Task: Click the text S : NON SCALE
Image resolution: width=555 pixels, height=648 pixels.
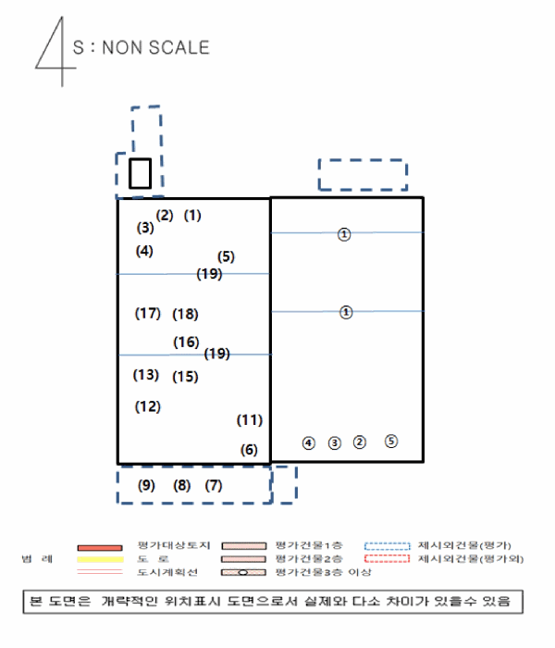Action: (141, 46)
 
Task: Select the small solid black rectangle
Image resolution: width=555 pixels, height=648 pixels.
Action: (140, 173)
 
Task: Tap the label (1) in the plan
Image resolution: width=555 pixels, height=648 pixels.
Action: (192, 216)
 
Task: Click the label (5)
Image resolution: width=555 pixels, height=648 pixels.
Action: (227, 256)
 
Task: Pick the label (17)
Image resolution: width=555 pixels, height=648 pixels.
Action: (148, 313)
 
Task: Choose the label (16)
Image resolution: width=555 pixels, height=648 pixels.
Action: (186, 342)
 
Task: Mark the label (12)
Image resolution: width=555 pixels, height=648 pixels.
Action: (148, 405)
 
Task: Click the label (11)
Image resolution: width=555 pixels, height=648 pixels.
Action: (250, 419)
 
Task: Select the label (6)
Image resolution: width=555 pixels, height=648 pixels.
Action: (249, 450)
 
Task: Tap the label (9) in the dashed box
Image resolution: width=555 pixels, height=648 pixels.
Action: (146, 485)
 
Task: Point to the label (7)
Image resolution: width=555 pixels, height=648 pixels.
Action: (214, 485)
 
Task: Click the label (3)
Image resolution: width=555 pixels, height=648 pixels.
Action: (145, 227)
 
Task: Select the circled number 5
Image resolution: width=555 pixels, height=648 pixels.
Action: (391, 441)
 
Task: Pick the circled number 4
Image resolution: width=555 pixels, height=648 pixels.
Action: (309, 442)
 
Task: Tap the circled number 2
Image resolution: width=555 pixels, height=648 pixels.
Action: (361, 442)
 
